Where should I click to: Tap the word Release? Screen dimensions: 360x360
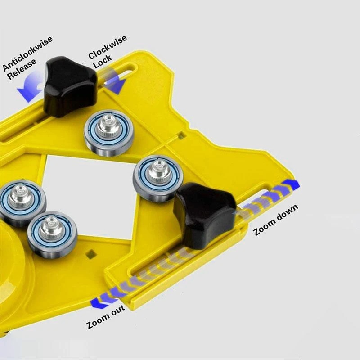tap(22, 69)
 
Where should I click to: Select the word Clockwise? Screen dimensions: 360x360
tap(108, 47)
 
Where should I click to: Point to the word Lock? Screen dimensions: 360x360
tap(103, 61)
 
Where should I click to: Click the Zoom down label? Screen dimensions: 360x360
tap(276, 220)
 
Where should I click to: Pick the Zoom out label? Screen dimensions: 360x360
tap(106, 317)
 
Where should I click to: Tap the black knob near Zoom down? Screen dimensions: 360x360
tap(204, 215)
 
